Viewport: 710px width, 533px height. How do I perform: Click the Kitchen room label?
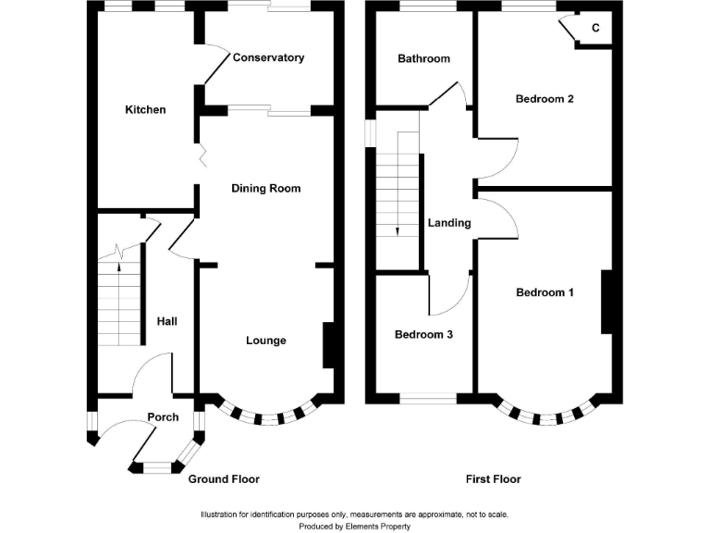(145, 110)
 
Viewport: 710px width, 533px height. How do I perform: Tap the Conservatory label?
(268, 57)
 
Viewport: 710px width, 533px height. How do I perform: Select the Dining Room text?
(266, 189)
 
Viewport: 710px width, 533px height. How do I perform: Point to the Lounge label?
(266, 341)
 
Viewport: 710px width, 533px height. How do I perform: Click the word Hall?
(167, 321)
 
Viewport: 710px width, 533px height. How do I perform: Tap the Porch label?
(163, 417)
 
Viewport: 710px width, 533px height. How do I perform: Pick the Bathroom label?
(423, 58)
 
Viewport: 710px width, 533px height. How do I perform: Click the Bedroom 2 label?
(545, 99)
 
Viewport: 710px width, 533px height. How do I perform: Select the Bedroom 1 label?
(545, 292)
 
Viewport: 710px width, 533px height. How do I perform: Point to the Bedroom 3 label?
(423, 334)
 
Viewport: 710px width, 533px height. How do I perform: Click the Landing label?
(449, 223)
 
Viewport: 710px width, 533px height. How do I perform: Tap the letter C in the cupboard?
(595, 28)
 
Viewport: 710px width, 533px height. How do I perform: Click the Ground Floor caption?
(224, 479)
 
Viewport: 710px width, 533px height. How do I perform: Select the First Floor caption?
(493, 479)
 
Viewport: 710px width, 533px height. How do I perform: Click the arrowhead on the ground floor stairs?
(119, 266)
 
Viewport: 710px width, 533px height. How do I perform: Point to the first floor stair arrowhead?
(398, 231)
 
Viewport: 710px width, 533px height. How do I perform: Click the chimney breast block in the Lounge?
(328, 345)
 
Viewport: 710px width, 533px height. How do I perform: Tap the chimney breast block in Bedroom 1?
(606, 303)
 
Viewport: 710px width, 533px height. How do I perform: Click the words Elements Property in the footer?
(377, 527)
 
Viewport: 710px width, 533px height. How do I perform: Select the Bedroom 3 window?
(428, 399)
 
